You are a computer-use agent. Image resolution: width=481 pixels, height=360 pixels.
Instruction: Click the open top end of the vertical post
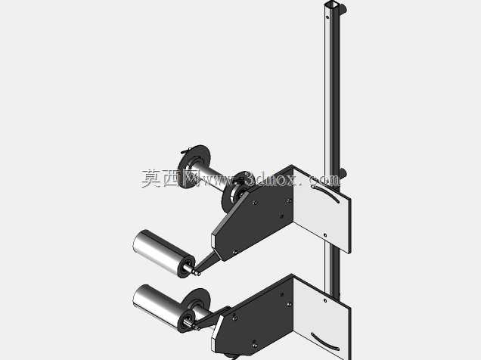(333, 5)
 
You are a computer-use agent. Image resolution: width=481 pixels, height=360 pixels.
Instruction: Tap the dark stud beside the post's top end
(343, 8)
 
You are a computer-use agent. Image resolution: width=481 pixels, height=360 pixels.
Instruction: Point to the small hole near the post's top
(327, 17)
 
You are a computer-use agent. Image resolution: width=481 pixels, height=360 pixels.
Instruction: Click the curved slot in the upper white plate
(326, 193)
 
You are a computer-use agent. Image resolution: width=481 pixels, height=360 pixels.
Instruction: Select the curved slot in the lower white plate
(325, 342)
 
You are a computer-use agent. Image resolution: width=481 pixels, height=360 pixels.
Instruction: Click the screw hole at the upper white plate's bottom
(325, 235)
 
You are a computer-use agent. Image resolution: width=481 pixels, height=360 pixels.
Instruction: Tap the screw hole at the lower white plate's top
(325, 300)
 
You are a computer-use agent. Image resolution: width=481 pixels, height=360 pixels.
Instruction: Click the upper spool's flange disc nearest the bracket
(236, 191)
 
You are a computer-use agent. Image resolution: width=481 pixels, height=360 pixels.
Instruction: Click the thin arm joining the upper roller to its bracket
(208, 261)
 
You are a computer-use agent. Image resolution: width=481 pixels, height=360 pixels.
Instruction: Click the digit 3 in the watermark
(251, 179)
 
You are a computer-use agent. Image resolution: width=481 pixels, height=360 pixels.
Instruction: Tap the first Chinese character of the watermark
(151, 178)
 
